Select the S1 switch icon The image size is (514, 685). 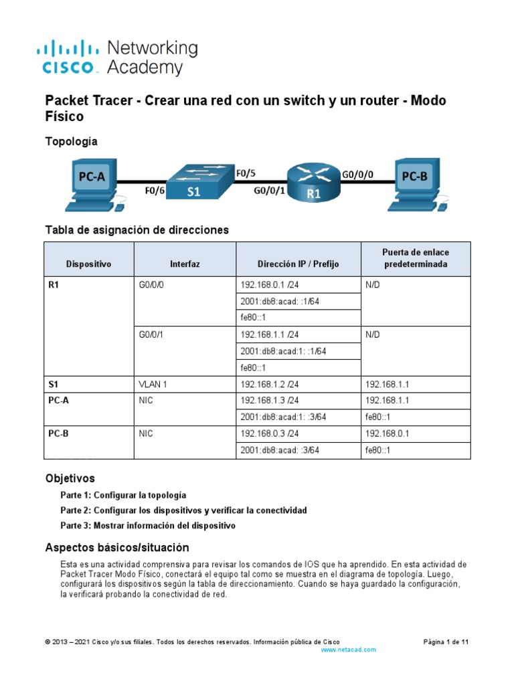199,181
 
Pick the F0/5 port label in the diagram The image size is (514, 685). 246,173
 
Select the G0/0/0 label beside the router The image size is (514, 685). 357,174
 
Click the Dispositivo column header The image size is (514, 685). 89,264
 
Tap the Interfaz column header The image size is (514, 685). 185,264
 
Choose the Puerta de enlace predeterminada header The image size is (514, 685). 416,258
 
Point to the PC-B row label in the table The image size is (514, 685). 59,433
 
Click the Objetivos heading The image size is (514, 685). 70,478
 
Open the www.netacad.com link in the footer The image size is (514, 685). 349,650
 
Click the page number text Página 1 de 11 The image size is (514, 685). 446,642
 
